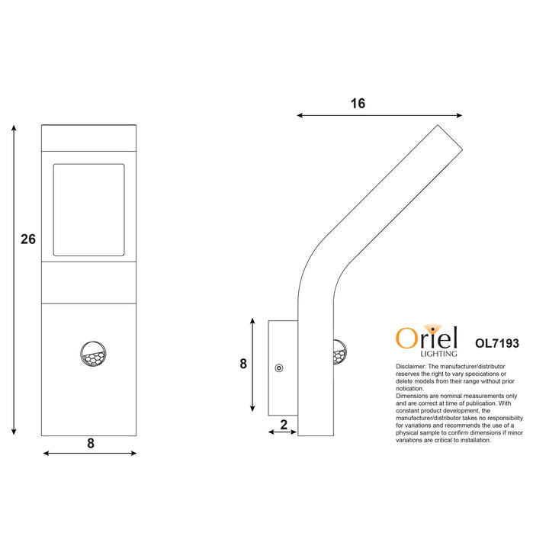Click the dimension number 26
[28, 239]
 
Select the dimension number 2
[284, 425]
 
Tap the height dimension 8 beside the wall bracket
[243, 364]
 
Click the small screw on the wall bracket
[278, 369]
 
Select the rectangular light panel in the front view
[88, 210]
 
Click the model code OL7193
[496, 344]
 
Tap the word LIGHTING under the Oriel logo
[439, 354]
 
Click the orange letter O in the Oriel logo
[405, 338]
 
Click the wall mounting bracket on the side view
[283, 369]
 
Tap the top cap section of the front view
[88, 137]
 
